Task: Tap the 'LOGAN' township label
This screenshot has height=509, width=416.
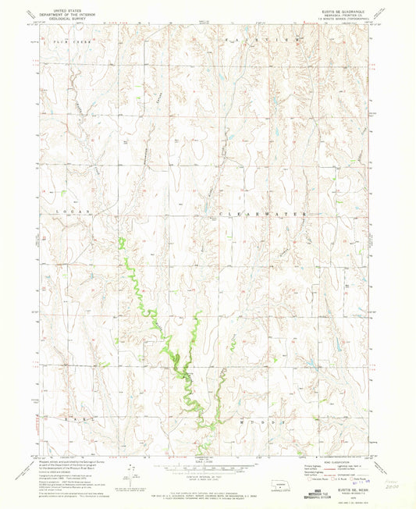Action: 75,212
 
